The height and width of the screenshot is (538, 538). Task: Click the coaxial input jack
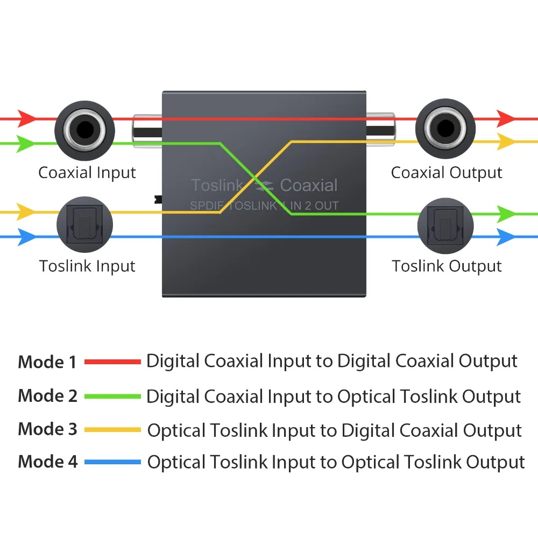point(85,130)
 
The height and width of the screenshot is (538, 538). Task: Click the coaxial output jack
point(445,129)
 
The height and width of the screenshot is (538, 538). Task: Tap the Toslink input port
point(85,224)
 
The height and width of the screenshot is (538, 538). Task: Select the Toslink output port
point(445,226)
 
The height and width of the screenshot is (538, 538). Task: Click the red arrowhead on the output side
point(506,119)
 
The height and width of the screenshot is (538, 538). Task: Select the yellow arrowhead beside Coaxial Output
point(506,141)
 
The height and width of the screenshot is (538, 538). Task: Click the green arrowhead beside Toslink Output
point(506,214)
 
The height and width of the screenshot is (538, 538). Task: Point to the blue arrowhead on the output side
point(506,237)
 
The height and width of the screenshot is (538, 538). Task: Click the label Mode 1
point(47,362)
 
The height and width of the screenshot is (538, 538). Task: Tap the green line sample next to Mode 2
point(112,397)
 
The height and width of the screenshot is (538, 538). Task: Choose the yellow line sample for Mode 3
point(112,429)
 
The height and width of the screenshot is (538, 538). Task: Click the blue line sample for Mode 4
point(112,462)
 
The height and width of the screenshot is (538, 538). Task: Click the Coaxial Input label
point(87,173)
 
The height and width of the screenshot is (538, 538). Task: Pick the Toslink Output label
point(447,266)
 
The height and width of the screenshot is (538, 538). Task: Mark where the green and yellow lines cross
point(255,178)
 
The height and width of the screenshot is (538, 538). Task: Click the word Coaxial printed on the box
point(309,185)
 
